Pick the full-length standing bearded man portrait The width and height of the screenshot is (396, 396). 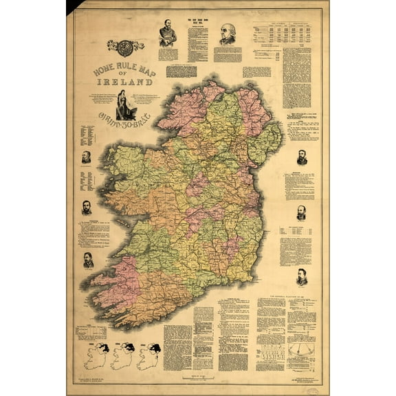coord(166,33)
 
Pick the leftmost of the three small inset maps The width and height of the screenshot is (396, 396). coord(93,356)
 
